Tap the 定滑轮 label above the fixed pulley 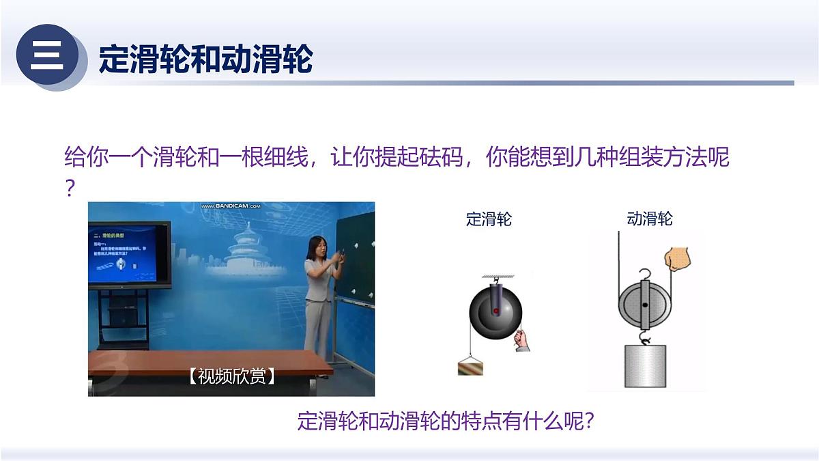489,219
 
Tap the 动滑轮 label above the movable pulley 649,219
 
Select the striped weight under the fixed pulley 470,367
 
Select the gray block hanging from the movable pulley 645,366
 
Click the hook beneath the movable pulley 644,336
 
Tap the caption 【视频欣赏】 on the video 231,376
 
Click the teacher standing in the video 318,294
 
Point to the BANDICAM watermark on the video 230,206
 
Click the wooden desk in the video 205,369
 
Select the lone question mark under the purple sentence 70,188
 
